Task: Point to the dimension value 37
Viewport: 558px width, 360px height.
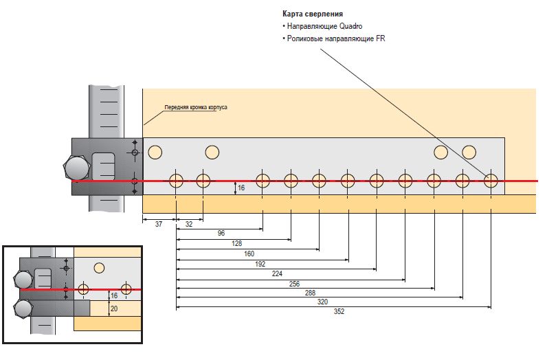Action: coord(158,224)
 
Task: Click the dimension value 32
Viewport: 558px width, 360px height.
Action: coord(189,224)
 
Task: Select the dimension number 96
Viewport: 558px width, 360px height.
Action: coord(221,234)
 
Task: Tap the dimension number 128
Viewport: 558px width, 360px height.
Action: coord(237,244)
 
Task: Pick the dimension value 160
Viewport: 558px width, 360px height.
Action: coord(249,254)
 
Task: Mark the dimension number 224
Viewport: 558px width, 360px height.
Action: coord(278,273)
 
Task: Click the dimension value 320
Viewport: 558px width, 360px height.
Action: coord(322,302)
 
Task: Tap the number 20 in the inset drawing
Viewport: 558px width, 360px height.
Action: coord(113,308)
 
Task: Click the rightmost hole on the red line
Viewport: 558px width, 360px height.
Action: coord(491,181)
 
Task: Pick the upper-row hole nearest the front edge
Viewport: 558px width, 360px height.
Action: coord(155,151)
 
